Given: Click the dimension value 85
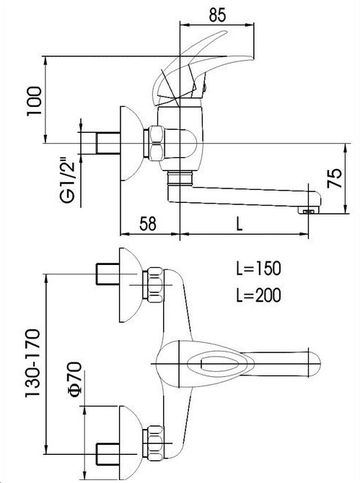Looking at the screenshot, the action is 217,14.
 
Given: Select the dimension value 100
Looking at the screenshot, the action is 34,101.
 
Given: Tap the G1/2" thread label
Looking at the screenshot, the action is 68,180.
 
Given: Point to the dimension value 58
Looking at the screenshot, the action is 148,223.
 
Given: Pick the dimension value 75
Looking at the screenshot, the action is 335,178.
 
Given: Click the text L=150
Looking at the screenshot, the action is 258,268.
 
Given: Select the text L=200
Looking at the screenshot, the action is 258,295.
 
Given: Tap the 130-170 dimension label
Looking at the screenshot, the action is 33,363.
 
